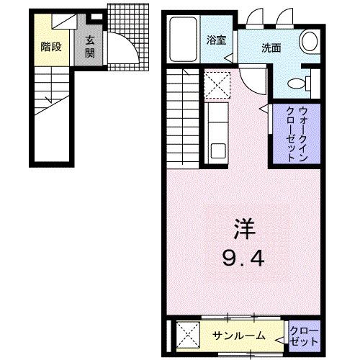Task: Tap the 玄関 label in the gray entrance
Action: click(x=91, y=46)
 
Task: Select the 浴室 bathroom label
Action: click(x=216, y=40)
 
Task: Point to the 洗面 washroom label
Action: click(x=271, y=48)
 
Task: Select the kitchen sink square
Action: click(x=215, y=150)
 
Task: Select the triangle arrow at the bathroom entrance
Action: click(x=228, y=63)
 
